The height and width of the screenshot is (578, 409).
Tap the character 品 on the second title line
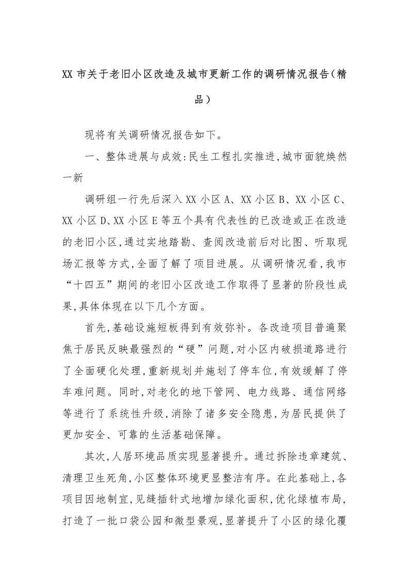199,99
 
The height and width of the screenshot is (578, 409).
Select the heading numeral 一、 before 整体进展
92,159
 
